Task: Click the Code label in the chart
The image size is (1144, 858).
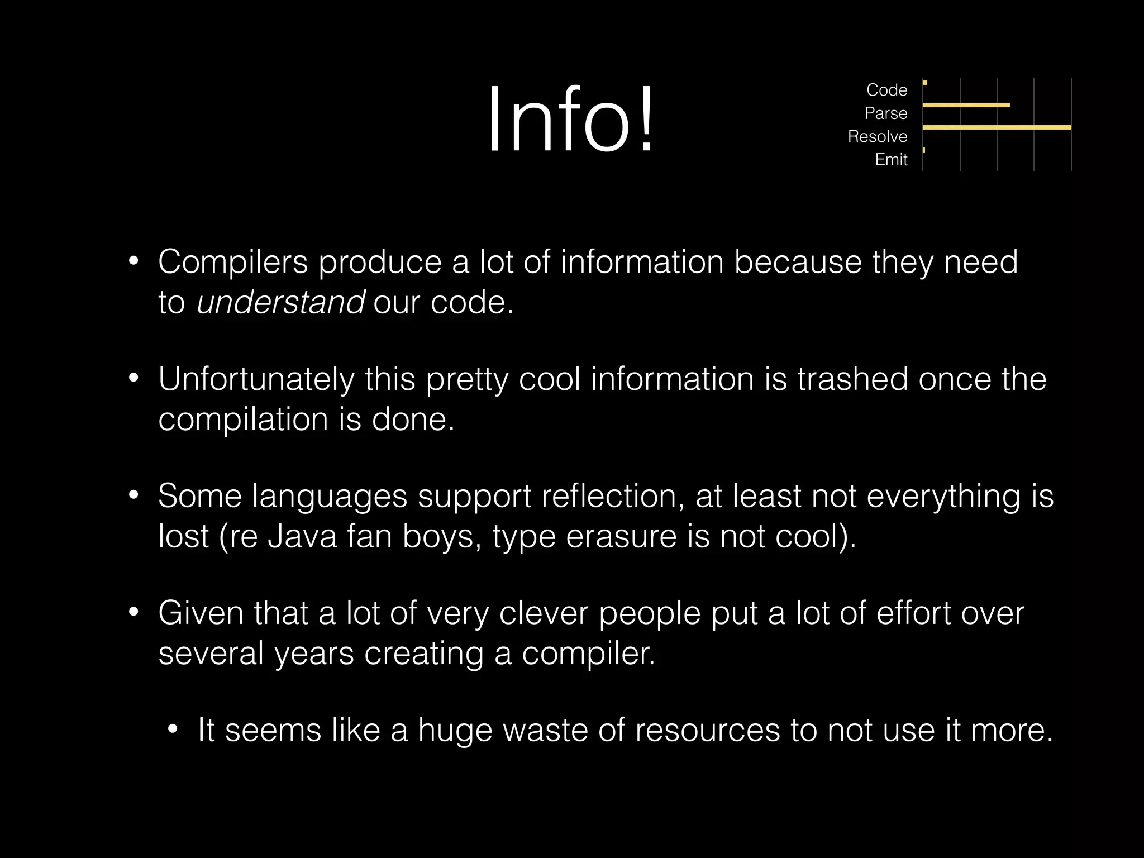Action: tap(886, 90)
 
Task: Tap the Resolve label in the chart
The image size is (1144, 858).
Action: tap(877, 136)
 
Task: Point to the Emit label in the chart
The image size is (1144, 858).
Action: tap(891, 160)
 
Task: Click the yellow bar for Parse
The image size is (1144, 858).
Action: tap(966, 105)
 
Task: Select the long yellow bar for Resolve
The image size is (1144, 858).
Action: tap(997, 128)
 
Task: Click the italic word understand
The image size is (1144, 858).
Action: tap(280, 302)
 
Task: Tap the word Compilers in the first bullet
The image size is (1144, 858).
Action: tap(233, 261)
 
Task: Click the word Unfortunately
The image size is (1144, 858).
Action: tap(256, 379)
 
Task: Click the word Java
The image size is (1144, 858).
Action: tap(302, 536)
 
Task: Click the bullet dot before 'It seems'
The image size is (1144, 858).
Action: tap(173, 730)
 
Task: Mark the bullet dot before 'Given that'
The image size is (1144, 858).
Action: tap(133, 613)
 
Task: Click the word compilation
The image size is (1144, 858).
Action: tap(243, 419)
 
